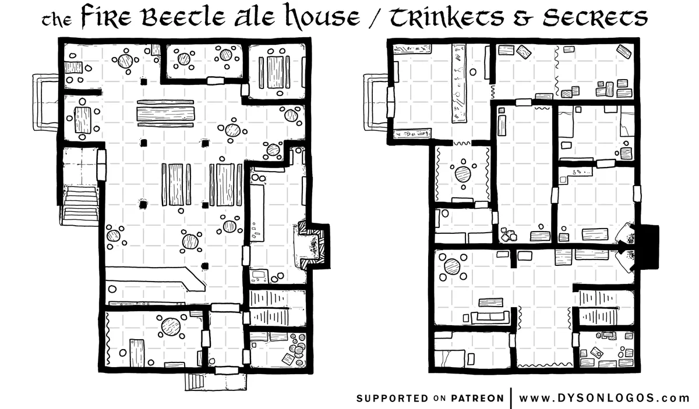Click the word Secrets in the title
[595, 17]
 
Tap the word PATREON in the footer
[477, 399]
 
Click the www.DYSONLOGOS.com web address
[604, 398]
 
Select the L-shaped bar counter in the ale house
[155, 278]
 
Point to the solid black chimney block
[647, 247]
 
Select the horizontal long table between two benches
[165, 114]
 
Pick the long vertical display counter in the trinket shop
[459, 83]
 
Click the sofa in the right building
[490, 318]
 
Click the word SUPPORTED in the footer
[393, 399]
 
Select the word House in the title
[324, 16]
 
